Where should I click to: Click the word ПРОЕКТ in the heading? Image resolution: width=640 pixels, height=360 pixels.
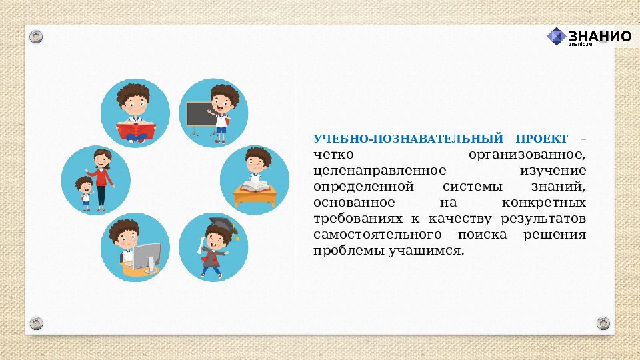[x=541, y=139]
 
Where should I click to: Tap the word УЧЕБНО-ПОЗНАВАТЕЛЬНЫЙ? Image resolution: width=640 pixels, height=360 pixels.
[x=409, y=139]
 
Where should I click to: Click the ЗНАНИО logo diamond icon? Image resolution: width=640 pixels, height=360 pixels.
[x=556, y=36]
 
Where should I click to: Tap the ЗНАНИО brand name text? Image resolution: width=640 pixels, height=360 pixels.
[x=600, y=35]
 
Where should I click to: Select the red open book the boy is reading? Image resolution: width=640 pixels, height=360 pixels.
[x=135, y=130]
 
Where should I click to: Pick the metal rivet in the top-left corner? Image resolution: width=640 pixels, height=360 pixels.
[x=36, y=36]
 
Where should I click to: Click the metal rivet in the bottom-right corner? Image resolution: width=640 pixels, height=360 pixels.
[x=603, y=323]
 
